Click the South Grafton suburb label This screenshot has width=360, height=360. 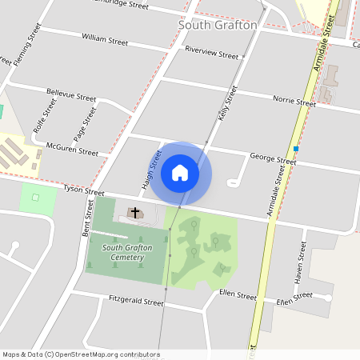pos(218,25)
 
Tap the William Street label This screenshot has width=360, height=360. pos(104,38)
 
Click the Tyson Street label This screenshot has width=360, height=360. pos(84,193)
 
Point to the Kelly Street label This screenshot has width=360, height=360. pos(228,104)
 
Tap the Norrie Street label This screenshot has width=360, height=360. pos(294,102)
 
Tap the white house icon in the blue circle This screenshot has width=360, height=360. pos(180,173)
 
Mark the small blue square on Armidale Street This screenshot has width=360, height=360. pos(296,149)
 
